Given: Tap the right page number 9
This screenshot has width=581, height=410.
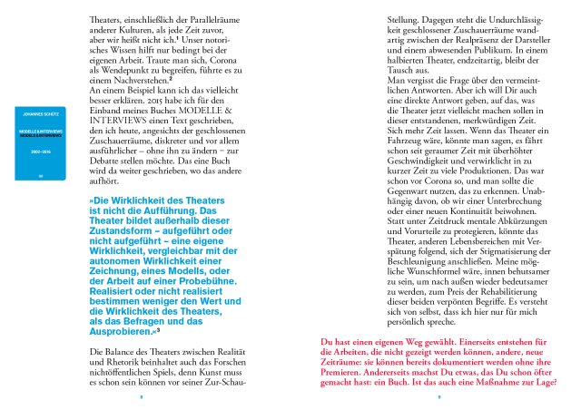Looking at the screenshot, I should [x=438, y=396].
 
